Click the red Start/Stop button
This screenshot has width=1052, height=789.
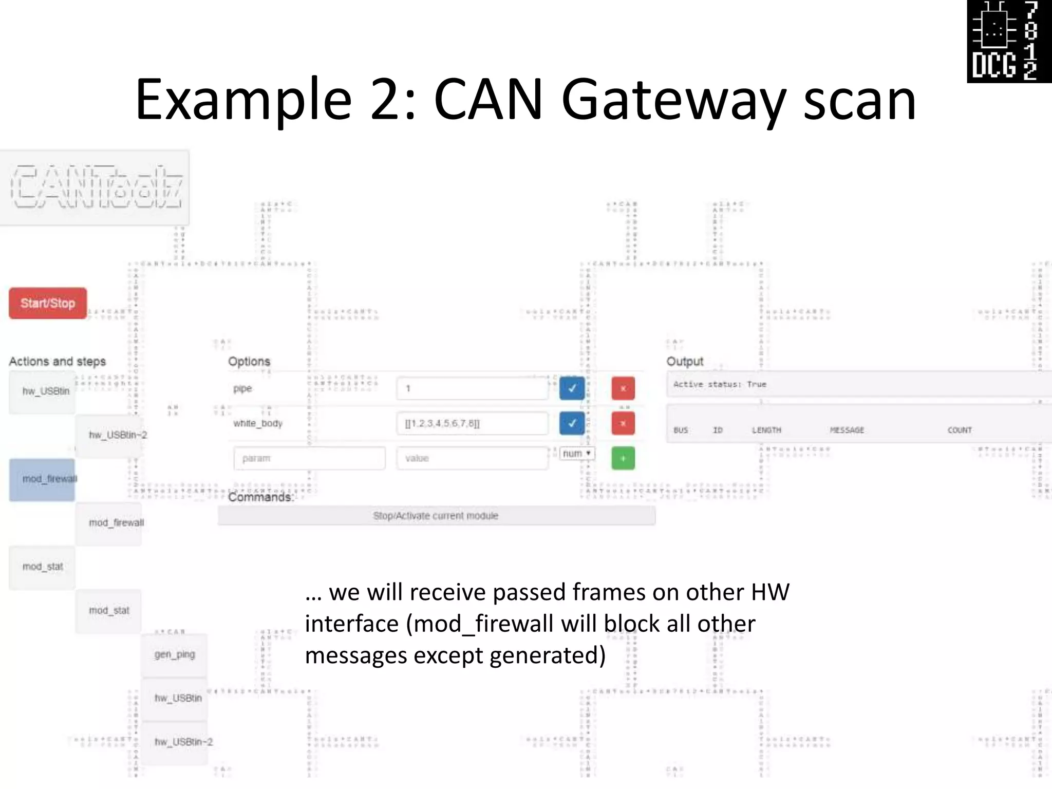[48, 303]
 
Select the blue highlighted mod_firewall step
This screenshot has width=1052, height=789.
[42, 479]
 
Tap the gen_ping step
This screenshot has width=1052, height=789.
[175, 655]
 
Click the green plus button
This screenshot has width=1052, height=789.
[623, 458]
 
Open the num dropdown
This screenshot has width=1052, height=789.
[577, 454]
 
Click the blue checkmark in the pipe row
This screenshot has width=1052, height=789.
[572, 388]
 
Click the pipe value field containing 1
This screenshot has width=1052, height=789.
[472, 388]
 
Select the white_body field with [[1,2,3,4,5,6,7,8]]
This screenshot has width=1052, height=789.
[472, 423]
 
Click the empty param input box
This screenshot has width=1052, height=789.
[309, 458]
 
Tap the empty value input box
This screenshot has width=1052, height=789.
[472, 458]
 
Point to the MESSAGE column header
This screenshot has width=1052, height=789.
[847, 430]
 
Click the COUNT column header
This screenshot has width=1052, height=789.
[960, 430]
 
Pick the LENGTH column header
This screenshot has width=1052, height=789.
[766, 430]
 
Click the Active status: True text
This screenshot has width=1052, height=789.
[720, 384]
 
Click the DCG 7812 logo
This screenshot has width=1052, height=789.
[1009, 41]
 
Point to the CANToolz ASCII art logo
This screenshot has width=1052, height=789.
[96, 187]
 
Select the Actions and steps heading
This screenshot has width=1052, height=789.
[58, 362]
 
